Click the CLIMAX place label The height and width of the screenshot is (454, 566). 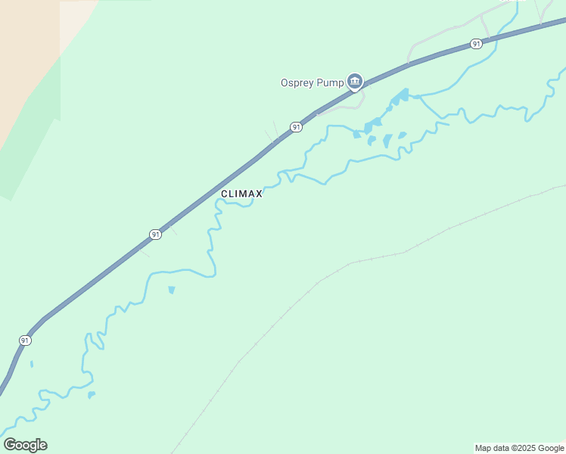[x=241, y=194]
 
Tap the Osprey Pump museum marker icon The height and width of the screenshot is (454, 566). [x=355, y=81]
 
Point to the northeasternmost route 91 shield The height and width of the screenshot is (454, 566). [x=475, y=44]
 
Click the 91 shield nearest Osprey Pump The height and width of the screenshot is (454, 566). [x=296, y=127]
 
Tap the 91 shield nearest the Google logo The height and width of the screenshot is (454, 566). [x=25, y=340]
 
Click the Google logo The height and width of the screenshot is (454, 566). [x=25, y=445]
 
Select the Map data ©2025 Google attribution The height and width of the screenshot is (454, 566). [x=520, y=448]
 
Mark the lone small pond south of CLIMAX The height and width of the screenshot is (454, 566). [x=172, y=290]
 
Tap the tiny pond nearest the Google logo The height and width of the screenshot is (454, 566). [x=91, y=394]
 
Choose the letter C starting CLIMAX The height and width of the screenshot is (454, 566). [x=225, y=194]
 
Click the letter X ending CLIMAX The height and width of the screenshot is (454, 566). [x=259, y=194]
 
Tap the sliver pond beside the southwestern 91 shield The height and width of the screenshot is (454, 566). [x=32, y=364]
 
